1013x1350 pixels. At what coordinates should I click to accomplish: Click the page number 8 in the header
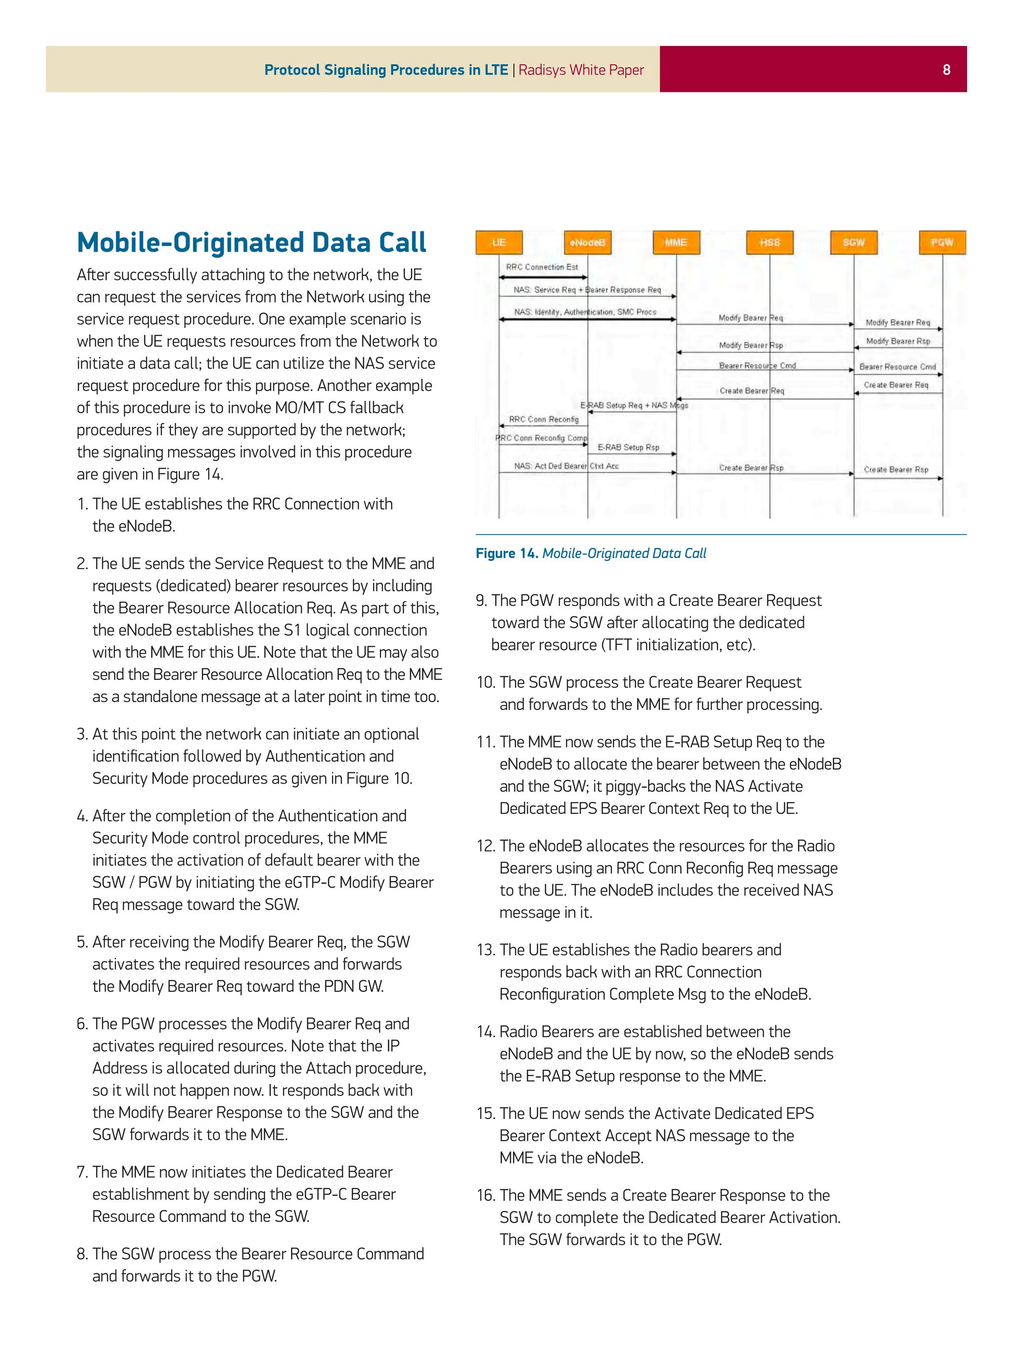[x=946, y=70]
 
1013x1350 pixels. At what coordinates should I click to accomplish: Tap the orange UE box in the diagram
[x=499, y=242]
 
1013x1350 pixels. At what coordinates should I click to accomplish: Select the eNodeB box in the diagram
[x=588, y=242]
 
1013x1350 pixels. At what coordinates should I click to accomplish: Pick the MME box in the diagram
[x=676, y=242]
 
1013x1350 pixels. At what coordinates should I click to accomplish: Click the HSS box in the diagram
[x=769, y=242]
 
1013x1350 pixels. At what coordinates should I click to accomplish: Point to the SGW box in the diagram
[x=854, y=242]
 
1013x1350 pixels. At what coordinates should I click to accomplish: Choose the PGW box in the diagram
[x=942, y=242]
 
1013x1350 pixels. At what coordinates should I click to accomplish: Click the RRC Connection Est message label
[x=542, y=267]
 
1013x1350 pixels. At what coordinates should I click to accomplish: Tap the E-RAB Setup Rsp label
[x=628, y=447]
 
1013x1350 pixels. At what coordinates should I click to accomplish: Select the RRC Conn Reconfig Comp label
[x=541, y=438]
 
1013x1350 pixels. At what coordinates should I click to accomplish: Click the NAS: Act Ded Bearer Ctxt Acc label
[x=566, y=466]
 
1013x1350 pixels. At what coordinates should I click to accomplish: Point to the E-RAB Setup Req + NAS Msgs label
[x=634, y=405]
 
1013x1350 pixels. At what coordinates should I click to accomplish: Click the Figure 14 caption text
[x=591, y=553]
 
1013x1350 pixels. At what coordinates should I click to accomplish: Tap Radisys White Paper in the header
[x=581, y=70]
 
